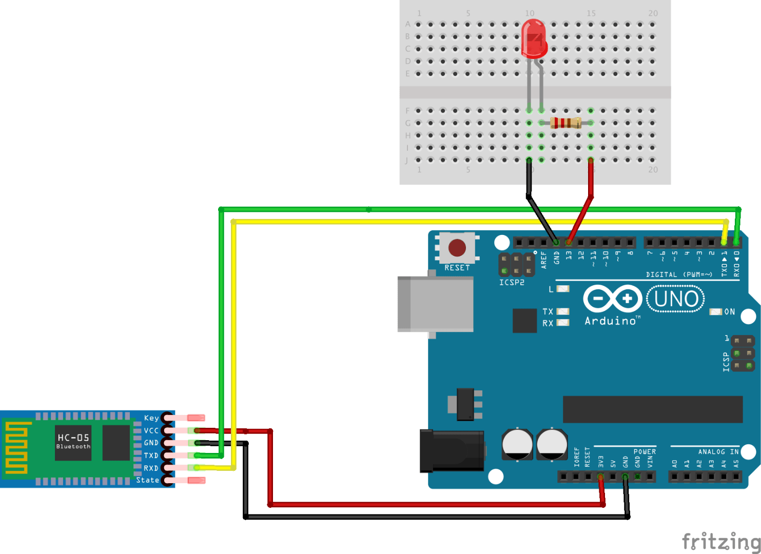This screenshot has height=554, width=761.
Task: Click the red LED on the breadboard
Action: pyautogui.click(x=534, y=38)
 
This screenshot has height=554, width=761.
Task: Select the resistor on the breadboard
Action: pyautogui.click(x=565, y=123)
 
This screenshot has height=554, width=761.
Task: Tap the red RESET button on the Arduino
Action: pyautogui.click(x=457, y=248)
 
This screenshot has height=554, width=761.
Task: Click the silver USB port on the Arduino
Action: pyautogui.click(x=435, y=304)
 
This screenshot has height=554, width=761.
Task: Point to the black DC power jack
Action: pyautogui.click(x=452, y=451)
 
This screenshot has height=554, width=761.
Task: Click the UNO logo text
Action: pyautogui.click(x=676, y=299)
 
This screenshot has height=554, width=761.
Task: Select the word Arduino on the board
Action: pyautogui.click(x=611, y=321)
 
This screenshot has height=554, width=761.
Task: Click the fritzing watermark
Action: pyautogui.click(x=721, y=542)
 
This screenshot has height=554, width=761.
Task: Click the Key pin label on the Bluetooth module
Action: pyautogui.click(x=151, y=418)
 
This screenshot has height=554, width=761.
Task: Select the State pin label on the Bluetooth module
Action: pyautogui.click(x=147, y=480)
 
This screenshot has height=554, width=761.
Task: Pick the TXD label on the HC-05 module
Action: pyautogui.click(x=151, y=456)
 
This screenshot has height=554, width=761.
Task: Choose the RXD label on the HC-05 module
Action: pyautogui.click(x=151, y=468)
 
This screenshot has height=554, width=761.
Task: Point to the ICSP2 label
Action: pyautogui.click(x=512, y=283)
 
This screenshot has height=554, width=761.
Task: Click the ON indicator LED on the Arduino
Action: pyautogui.click(x=715, y=312)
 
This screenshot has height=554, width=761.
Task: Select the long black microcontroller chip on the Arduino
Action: pyautogui.click(x=652, y=409)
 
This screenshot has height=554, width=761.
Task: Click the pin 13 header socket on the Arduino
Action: pyautogui.click(x=569, y=242)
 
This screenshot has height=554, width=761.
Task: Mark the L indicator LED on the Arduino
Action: pyautogui.click(x=563, y=289)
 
